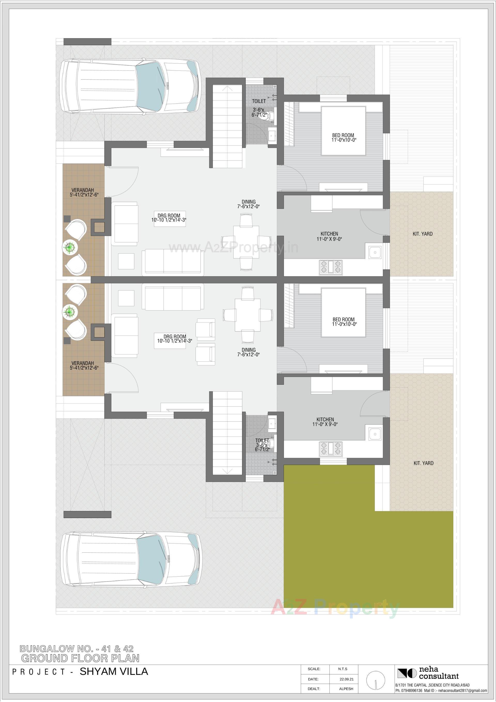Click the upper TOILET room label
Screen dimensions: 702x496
pos(259,101)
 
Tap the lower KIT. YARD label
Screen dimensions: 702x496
pos(423,463)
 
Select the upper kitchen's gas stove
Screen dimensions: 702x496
pos(331,267)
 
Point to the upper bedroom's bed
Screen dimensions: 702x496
pos(343,130)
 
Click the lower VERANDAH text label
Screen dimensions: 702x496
pos(83,363)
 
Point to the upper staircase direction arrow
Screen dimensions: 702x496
pos(227,89)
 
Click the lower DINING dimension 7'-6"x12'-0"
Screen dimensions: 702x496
pos(248,355)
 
